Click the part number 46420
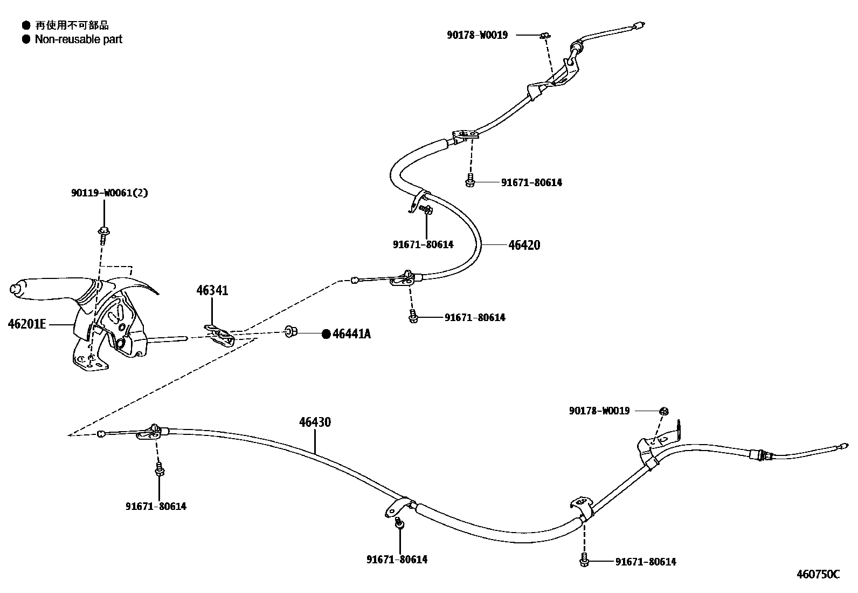tap(524, 245)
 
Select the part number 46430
tap(315, 422)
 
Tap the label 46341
tap(212, 291)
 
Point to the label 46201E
tap(27, 324)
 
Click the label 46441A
tap(351, 334)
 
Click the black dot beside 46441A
tap(326, 334)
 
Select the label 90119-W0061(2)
tap(109, 193)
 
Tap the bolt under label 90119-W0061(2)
tap(103, 233)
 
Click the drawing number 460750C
tap(818, 574)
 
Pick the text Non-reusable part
tap(78, 39)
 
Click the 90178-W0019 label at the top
tap(477, 35)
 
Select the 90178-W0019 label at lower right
tap(599, 411)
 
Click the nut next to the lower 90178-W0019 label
tap(664, 411)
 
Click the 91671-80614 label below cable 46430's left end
tap(156, 506)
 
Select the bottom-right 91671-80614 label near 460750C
tap(646, 562)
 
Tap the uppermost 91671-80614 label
tap(531, 182)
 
